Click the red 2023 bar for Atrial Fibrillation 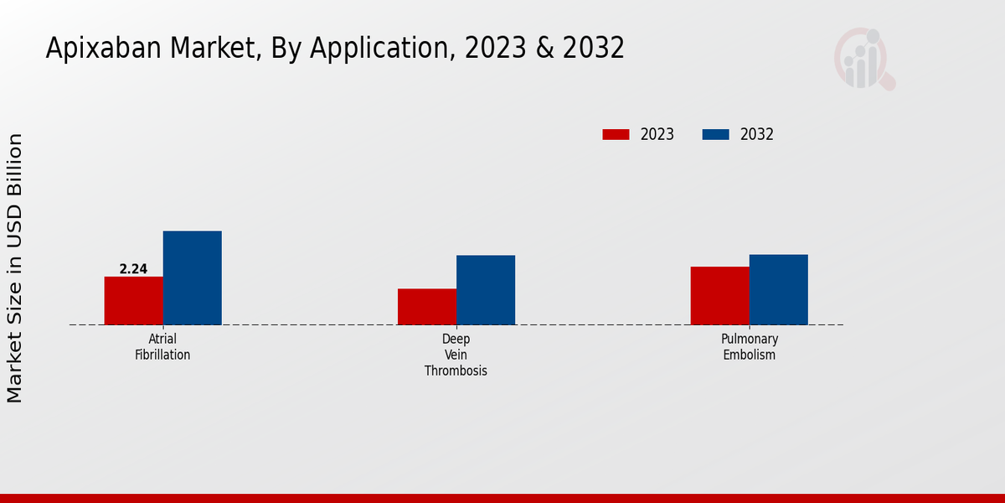click(133, 300)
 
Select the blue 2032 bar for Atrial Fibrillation click(192, 277)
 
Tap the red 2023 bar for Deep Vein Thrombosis click(427, 307)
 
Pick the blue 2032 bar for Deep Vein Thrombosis click(486, 290)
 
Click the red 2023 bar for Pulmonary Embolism click(719, 295)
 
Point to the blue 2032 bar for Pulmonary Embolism click(779, 289)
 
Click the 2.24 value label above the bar click(133, 269)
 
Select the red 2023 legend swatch click(616, 134)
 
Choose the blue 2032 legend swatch click(715, 134)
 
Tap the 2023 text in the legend click(657, 134)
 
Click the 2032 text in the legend click(757, 134)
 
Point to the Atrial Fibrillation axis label click(162, 347)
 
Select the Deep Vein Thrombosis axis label click(456, 355)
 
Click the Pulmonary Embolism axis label click(750, 347)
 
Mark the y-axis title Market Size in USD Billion click(15, 268)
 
